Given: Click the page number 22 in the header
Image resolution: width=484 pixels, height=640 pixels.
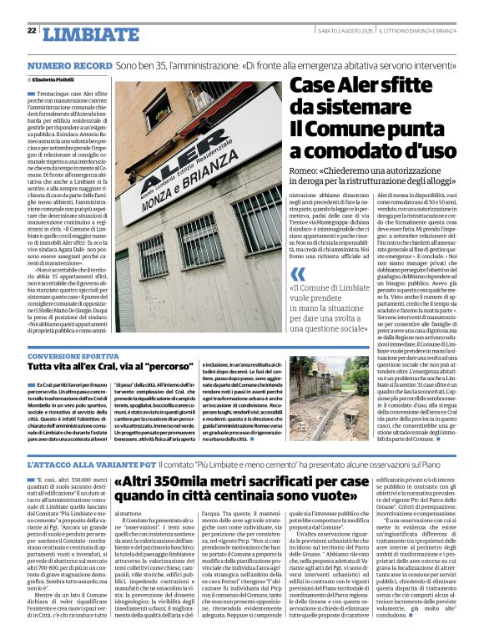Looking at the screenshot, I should point(31,30).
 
